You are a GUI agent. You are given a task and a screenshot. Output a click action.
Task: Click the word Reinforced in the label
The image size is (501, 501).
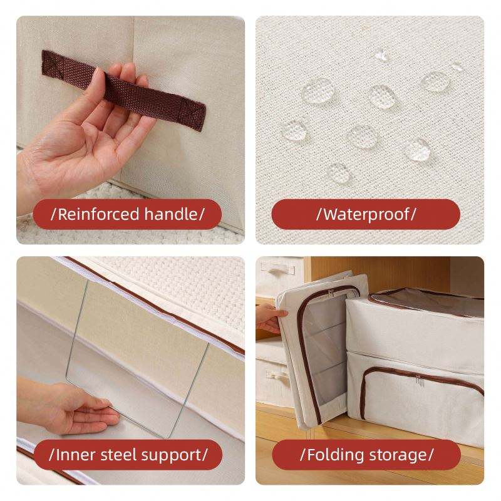[98, 214]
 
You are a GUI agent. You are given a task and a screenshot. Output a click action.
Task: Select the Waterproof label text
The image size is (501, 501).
[366, 215]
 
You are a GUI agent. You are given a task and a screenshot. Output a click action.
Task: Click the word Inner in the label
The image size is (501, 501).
[75, 455]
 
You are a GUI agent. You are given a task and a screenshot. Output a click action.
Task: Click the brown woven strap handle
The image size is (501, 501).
[123, 90]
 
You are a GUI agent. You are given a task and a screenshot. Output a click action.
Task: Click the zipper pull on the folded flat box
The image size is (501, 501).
[331, 293]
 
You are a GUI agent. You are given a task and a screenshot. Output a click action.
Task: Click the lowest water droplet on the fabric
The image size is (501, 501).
[339, 173]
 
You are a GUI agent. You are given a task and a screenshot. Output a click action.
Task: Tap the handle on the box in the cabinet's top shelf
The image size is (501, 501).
[277, 269]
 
